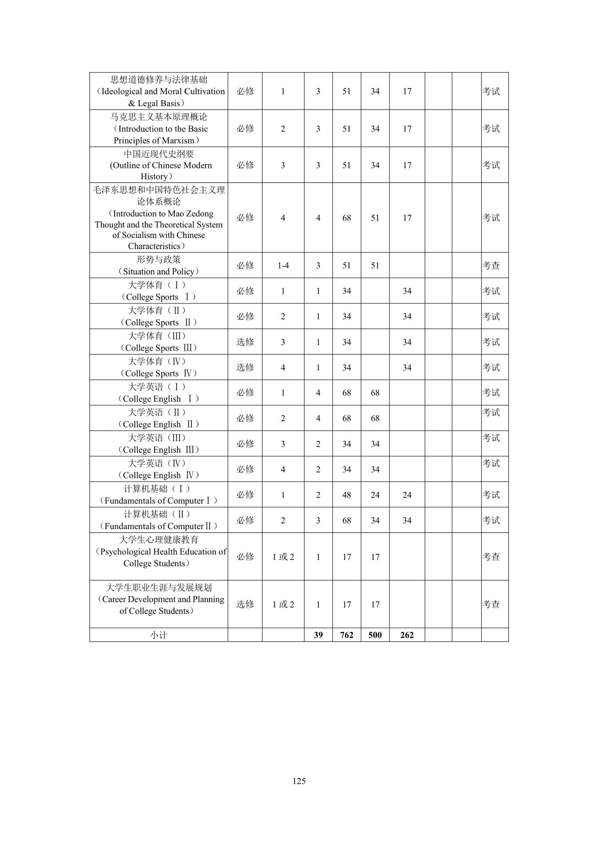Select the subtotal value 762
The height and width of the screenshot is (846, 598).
pos(347,635)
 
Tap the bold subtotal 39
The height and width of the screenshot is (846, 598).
pos(318,635)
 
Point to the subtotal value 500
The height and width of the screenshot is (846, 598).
pos(375,635)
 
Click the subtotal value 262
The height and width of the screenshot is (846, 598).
pos(407,635)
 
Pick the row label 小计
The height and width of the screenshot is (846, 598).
pos(158,635)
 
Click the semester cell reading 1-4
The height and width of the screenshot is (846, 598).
pos(283,265)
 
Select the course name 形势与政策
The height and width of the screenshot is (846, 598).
pos(158,259)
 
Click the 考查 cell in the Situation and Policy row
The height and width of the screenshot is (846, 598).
pos(491,265)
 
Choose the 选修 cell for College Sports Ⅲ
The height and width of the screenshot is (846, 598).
pos(245,342)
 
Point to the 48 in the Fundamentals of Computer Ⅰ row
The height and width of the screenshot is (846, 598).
pos(347,495)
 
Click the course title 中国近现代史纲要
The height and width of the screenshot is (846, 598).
pos(158,153)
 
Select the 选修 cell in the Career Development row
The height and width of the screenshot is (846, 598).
pos(245,604)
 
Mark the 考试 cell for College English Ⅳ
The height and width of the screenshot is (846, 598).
pos(491,463)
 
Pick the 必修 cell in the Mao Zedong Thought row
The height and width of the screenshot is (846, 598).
pos(245,218)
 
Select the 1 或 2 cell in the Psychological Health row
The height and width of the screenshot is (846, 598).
pos(283,557)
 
